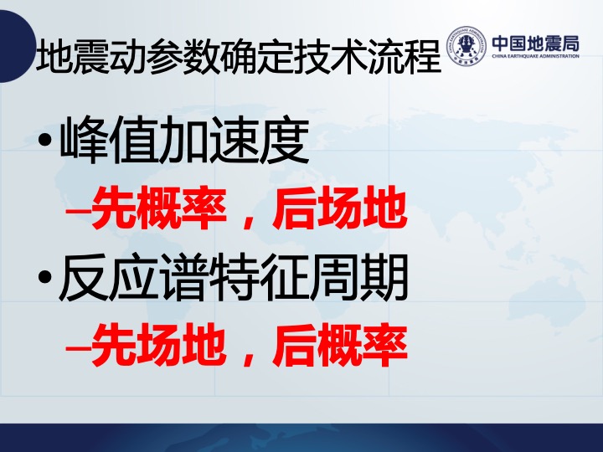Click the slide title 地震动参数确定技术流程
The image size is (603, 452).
point(238,58)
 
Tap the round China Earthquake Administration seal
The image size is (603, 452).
point(467,45)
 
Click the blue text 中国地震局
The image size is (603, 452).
point(536,44)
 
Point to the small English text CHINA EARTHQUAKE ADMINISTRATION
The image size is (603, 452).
point(536,56)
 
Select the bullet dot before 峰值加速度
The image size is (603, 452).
point(45,140)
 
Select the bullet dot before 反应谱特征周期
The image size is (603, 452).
point(45,278)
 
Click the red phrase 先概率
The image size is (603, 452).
point(158,208)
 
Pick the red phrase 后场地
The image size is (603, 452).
point(339,208)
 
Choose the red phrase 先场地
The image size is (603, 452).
point(158,345)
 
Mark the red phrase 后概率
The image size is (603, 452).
point(339,345)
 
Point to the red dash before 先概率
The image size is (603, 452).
point(78,210)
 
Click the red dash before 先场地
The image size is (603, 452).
point(78,347)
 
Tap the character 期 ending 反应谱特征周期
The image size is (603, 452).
point(384,277)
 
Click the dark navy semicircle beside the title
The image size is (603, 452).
point(15,46)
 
